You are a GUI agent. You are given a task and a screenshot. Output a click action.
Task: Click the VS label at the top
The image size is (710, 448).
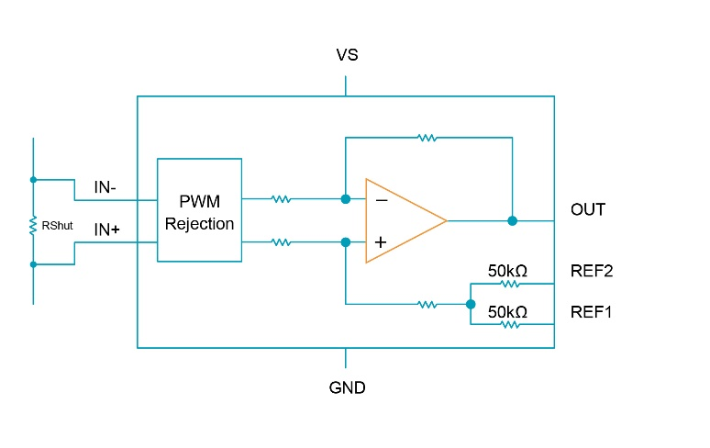click(x=347, y=56)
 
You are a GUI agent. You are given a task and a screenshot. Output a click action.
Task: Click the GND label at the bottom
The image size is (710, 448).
click(x=347, y=387)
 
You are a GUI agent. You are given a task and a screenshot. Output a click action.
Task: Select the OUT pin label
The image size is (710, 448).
click(x=588, y=210)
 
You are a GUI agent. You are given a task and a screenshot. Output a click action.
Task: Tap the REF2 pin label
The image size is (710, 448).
click(x=592, y=271)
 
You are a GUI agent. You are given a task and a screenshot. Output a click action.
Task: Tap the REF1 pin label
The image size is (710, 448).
click(x=592, y=312)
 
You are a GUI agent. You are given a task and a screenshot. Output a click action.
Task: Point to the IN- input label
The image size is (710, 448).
click(x=105, y=188)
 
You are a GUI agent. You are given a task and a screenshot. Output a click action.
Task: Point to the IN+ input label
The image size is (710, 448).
click(x=107, y=230)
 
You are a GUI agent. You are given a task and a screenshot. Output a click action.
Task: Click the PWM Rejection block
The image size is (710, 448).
click(x=199, y=210)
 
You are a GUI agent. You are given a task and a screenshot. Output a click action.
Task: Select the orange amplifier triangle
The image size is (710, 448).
click(x=404, y=220)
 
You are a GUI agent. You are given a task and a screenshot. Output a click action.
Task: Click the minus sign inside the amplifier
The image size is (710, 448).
click(x=382, y=199)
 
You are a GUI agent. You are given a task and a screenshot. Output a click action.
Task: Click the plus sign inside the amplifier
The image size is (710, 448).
click(x=382, y=242)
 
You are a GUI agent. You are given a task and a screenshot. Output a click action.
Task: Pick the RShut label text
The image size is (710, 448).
click(x=57, y=224)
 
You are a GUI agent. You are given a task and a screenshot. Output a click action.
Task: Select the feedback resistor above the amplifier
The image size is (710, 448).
click(x=427, y=138)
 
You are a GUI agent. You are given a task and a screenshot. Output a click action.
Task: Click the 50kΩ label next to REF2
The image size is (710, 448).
click(x=507, y=271)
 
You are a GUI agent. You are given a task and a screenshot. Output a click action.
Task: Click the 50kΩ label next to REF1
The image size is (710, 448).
click(x=507, y=312)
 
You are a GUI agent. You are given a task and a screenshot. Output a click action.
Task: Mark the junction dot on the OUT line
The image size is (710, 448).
click(x=512, y=220)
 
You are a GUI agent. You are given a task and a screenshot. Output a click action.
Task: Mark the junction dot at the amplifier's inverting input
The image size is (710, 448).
click(x=345, y=198)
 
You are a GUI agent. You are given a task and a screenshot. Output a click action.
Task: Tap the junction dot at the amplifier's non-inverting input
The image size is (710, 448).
click(x=345, y=242)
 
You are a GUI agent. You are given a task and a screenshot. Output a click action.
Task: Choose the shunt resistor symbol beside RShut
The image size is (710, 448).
click(x=33, y=223)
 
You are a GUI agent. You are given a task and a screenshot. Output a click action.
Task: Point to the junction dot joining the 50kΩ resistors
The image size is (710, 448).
click(x=471, y=304)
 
